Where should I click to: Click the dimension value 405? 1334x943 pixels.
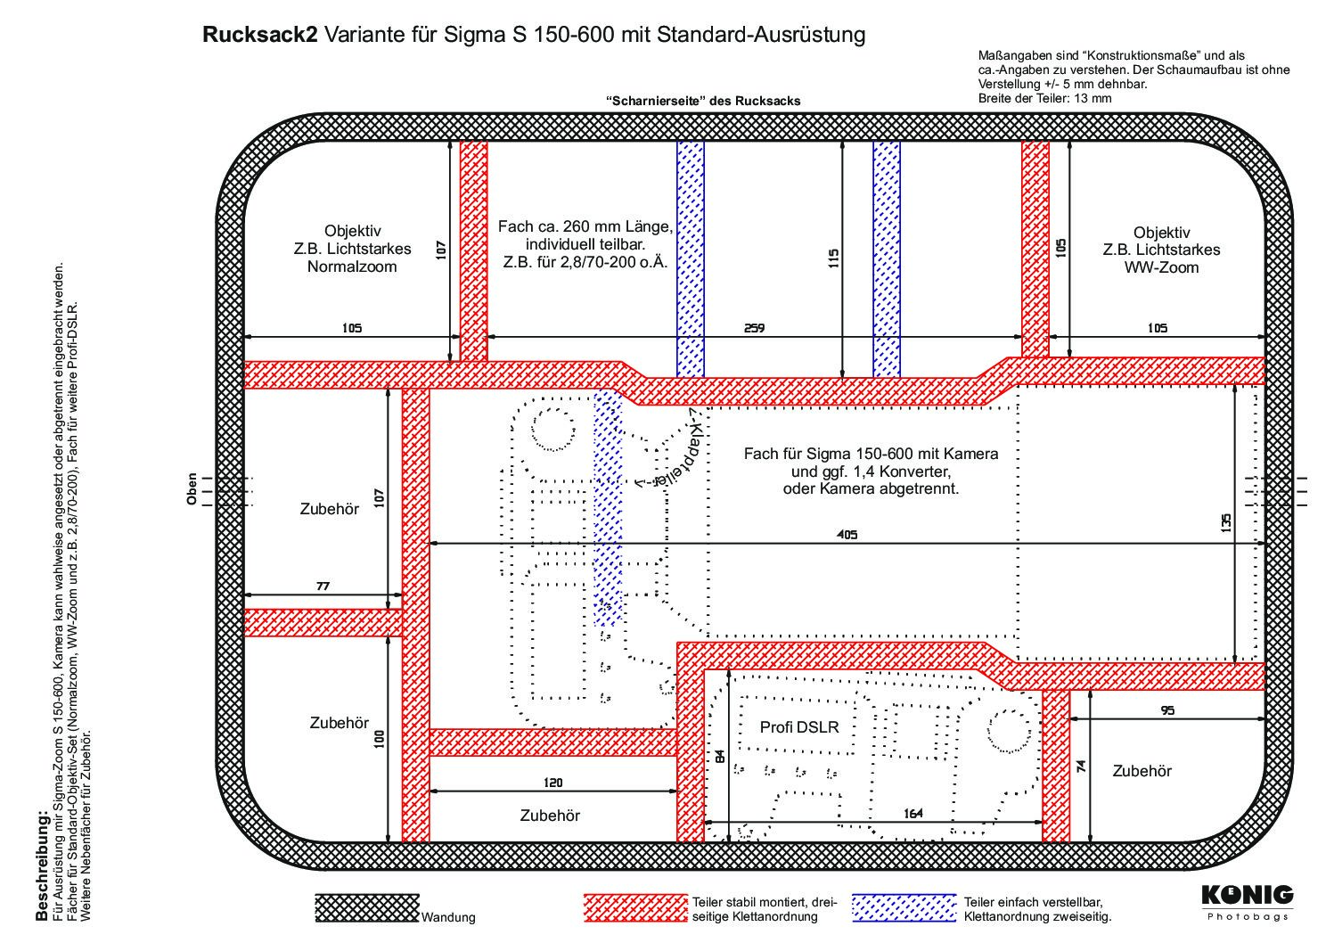[x=847, y=535]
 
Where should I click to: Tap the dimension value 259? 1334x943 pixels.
[x=754, y=328]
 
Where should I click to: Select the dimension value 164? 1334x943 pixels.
[x=913, y=813]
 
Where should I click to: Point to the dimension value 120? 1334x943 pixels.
[x=552, y=783]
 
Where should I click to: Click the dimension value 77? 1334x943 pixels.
[x=323, y=586]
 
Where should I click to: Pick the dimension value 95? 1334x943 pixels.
[x=1168, y=710]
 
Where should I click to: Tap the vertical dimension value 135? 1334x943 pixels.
[x=1225, y=522]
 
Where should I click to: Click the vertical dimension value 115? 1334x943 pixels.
[x=833, y=258]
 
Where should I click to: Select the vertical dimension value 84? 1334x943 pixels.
[x=720, y=757]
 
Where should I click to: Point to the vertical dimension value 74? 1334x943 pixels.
[x=1082, y=766]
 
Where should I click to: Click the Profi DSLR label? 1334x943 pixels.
[x=799, y=726]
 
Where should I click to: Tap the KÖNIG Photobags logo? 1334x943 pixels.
[x=1248, y=903]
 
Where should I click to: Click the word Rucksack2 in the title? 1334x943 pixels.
[x=260, y=35]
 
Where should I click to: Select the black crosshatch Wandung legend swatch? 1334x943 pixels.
[x=367, y=908]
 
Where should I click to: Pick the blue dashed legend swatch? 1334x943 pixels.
[x=904, y=908]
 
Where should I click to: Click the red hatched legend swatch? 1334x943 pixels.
[x=635, y=908]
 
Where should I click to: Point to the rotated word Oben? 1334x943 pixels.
[x=192, y=489]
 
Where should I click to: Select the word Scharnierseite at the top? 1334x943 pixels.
[x=655, y=101]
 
